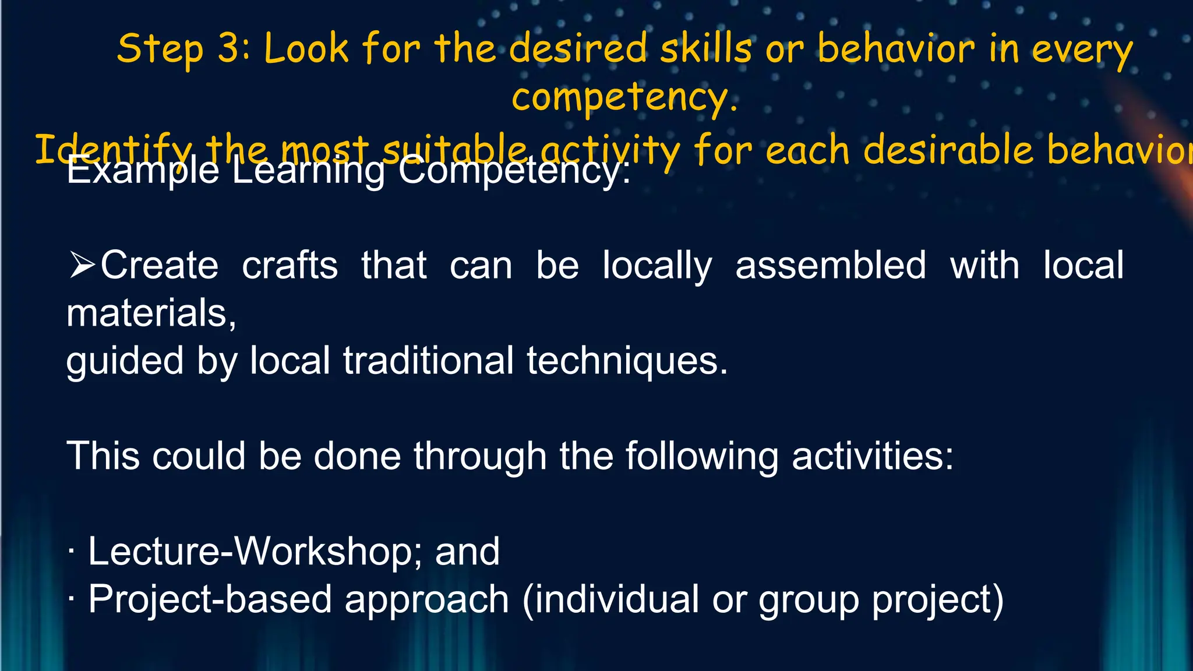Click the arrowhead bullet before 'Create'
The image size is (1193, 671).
pyautogui.click(x=82, y=264)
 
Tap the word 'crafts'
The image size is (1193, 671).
pyautogui.click(x=290, y=266)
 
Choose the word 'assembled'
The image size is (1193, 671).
pyautogui.click(x=831, y=266)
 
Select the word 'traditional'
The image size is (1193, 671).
pyautogui.click(x=428, y=361)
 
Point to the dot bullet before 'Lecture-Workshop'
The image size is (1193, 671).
pyautogui.click(x=71, y=552)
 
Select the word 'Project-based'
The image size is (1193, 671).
pyautogui.click(x=210, y=599)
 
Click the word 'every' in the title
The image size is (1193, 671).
pyautogui.click(x=1082, y=49)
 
